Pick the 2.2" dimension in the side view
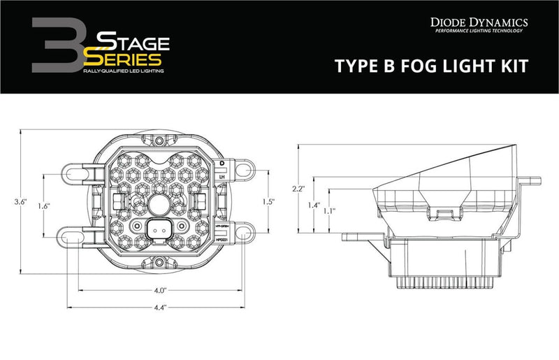[x=297, y=189]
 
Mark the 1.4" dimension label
[x=312, y=206]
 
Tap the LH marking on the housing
[x=222, y=178]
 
